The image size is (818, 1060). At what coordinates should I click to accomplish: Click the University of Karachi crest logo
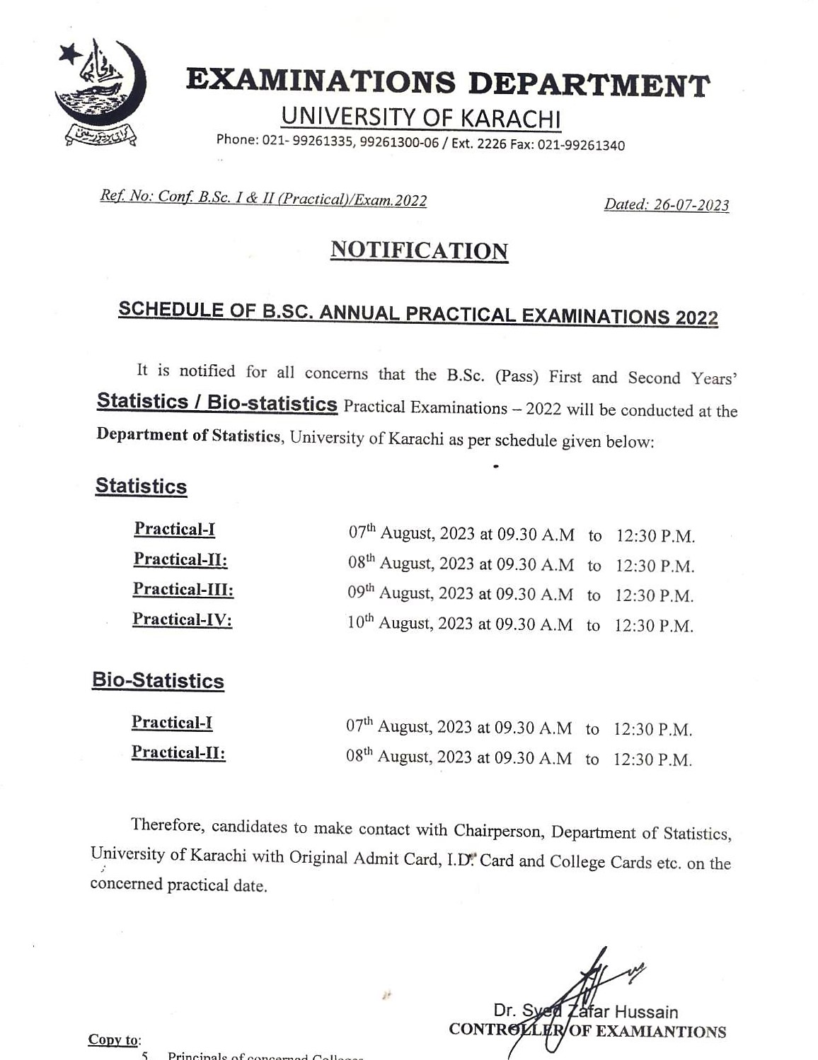pyautogui.click(x=100, y=93)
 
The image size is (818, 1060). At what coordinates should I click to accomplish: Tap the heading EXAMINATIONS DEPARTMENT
pyautogui.click(x=447, y=83)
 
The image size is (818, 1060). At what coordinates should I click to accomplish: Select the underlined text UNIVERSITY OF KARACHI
pyautogui.click(x=420, y=117)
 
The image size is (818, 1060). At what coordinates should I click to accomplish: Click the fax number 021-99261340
pyautogui.click(x=581, y=146)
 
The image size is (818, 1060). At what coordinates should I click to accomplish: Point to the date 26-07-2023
pyautogui.click(x=691, y=205)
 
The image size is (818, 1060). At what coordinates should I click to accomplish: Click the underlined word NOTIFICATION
pyautogui.click(x=419, y=251)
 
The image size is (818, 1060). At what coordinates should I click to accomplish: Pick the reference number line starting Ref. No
pyautogui.click(x=263, y=199)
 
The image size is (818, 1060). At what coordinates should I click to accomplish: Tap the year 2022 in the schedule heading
pyautogui.click(x=696, y=318)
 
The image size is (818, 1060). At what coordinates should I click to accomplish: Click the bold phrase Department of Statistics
pyautogui.click(x=188, y=435)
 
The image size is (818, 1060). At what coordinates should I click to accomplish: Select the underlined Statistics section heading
pyautogui.click(x=141, y=487)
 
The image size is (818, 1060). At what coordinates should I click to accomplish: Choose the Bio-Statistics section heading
pyautogui.click(x=158, y=681)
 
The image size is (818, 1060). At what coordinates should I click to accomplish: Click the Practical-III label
pyautogui.click(x=183, y=589)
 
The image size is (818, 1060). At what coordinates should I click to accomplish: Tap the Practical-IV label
pyautogui.click(x=182, y=619)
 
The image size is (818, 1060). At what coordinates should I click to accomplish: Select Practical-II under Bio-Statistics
pyautogui.click(x=178, y=752)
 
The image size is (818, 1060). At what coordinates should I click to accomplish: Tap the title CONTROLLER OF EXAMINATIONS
pyautogui.click(x=587, y=1031)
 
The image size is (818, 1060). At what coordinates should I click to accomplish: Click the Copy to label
pyautogui.click(x=114, y=1039)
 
